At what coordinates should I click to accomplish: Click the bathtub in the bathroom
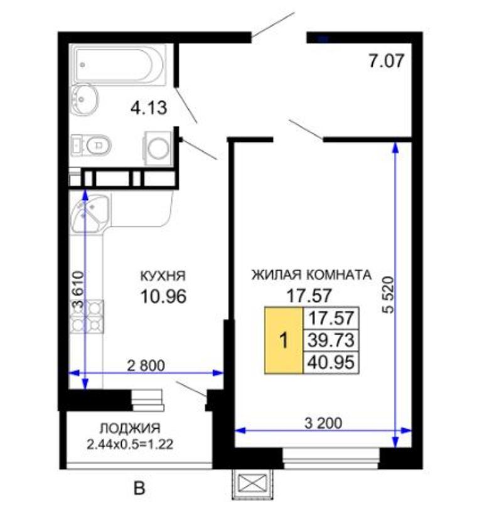click(x=119, y=63)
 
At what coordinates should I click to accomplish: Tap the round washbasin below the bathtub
click(x=84, y=99)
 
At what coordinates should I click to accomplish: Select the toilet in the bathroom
click(x=91, y=144)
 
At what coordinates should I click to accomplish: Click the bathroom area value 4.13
click(x=149, y=107)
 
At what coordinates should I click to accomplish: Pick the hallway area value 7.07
click(x=387, y=61)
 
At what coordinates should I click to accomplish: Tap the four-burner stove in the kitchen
click(x=87, y=316)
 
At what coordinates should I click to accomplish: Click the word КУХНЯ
click(x=163, y=276)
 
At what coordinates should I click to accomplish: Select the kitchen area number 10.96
click(x=163, y=296)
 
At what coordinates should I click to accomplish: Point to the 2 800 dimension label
click(x=146, y=365)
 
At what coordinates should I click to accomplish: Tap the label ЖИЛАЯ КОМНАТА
click(x=311, y=275)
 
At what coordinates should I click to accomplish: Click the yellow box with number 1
click(x=284, y=340)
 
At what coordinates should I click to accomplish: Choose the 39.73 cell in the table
click(x=331, y=340)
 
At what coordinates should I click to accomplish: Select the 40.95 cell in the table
click(x=331, y=362)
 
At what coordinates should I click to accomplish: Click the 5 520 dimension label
click(x=388, y=295)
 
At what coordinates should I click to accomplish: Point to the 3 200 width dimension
click(x=323, y=423)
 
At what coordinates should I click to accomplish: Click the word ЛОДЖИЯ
click(x=130, y=428)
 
